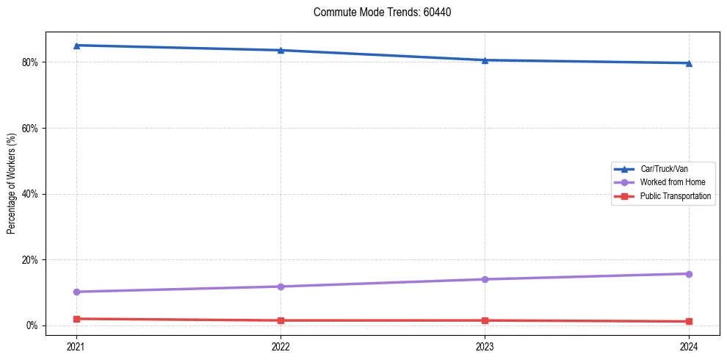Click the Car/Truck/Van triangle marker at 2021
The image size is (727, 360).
(x=76, y=46)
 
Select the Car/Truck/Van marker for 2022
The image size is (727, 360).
(x=281, y=50)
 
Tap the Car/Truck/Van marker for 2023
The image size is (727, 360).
(x=485, y=60)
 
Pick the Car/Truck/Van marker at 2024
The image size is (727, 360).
(x=689, y=63)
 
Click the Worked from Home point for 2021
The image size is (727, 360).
(x=76, y=292)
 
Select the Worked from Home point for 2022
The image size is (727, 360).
(x=281, y=287)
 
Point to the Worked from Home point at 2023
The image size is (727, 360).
(x=485, y=279)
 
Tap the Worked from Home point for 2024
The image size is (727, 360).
(x=689, y=274)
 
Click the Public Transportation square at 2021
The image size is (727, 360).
(x=76, y=319)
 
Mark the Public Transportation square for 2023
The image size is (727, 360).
(x=485, y=320)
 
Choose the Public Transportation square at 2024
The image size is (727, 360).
(x=689, y=321)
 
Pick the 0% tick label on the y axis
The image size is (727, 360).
(x=32, y=325)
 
